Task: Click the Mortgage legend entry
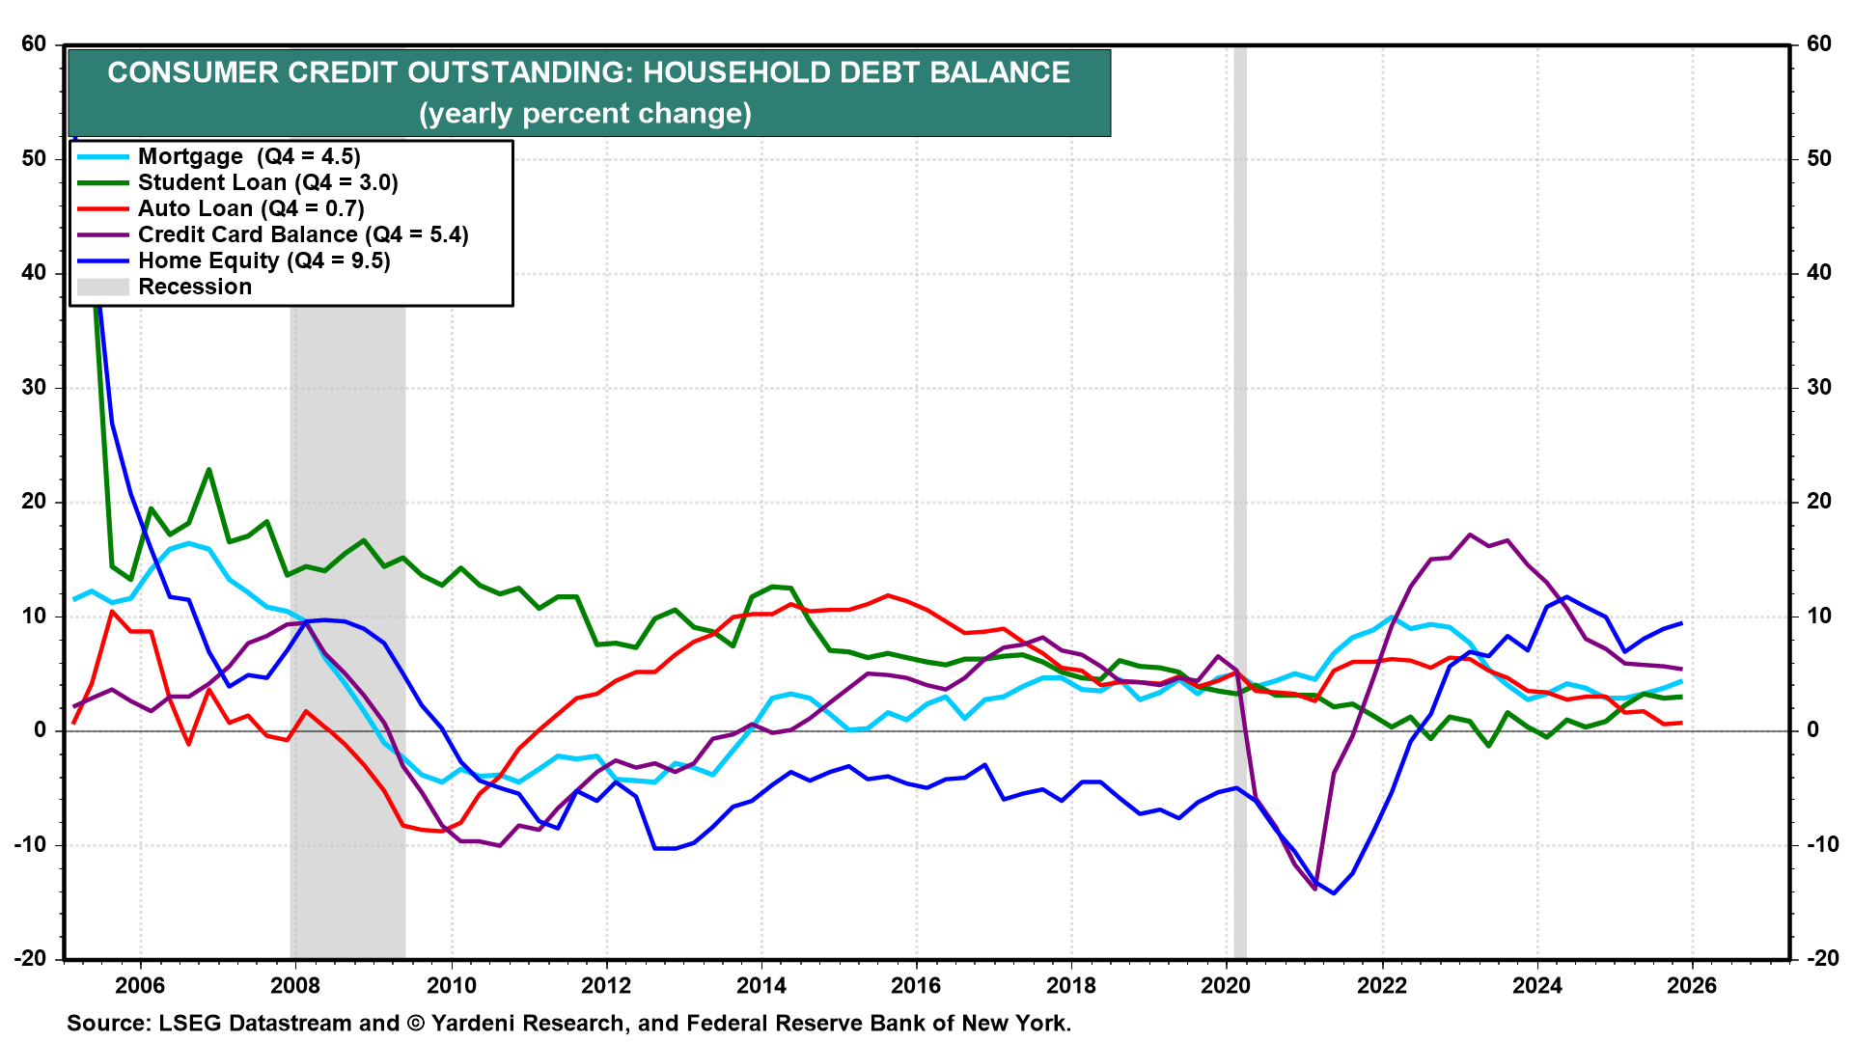(249, 156)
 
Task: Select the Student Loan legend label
(267, 182)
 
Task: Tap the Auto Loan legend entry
(251, 208)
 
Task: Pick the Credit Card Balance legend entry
(303, 234)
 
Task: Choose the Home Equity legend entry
(263, 260)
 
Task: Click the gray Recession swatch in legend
(102, 287)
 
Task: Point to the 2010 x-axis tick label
(451, 985)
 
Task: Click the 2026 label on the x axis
(1692, 985)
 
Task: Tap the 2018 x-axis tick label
(1071, 985)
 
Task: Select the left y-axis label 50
(34, 158)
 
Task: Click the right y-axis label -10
(1819, 844)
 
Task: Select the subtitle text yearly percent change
(585, 114)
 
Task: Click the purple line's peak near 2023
(1470, 535)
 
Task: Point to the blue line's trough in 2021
(1334, 893)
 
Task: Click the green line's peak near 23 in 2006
(208, 470)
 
